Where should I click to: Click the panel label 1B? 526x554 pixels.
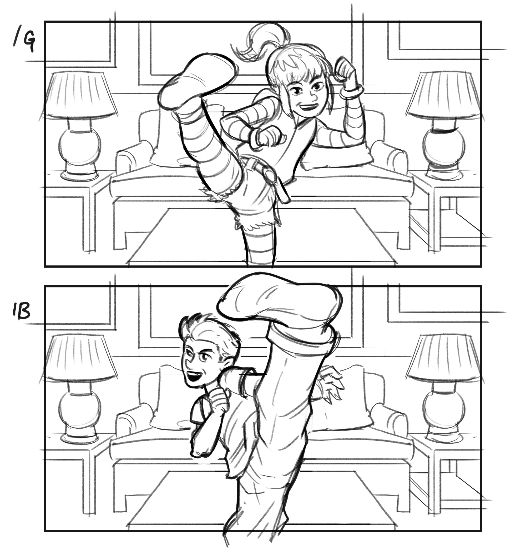tap(21, 311)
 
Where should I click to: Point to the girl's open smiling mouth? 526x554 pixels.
tap(307, 107)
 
